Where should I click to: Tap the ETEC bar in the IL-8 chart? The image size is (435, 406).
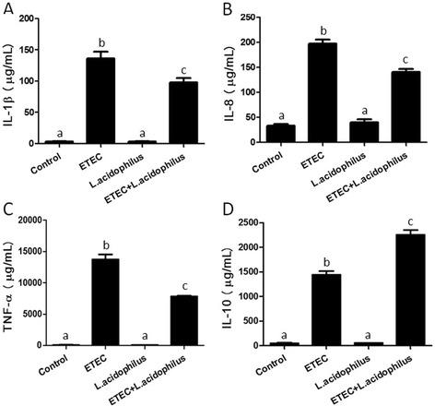[x=319, y=93]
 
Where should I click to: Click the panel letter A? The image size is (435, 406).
[x=6, y=8]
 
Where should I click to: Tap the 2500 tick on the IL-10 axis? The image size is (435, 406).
[x=252, y=220]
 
